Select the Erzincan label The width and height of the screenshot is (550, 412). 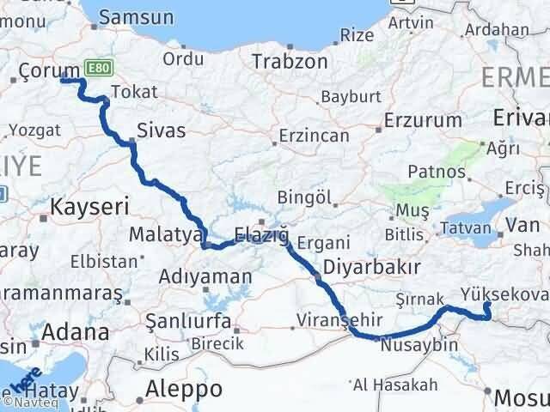[315, 136]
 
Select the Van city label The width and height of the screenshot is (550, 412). [522, 227]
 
